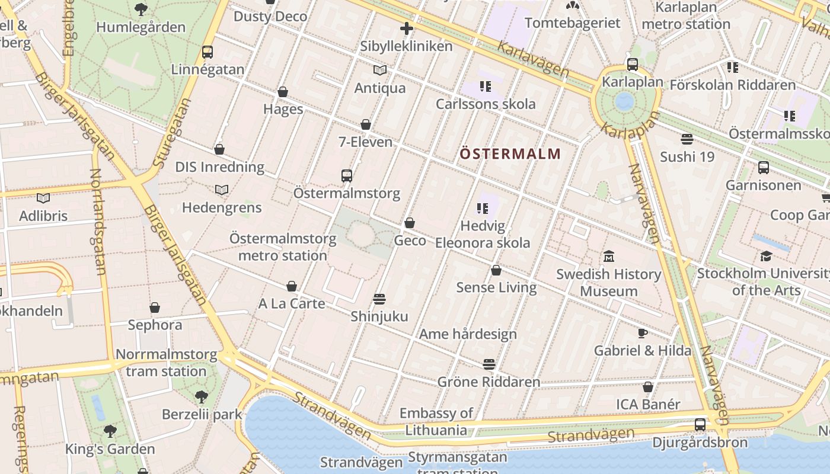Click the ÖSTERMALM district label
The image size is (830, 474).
(510, 154)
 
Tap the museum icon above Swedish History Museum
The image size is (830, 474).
(609, 257)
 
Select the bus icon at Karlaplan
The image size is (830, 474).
(633, 65)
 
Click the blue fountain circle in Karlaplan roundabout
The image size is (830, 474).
(624, 101)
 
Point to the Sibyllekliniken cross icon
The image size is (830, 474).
(406, 28)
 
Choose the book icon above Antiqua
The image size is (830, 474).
(380, 71)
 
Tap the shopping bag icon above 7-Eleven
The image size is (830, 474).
(366, 124)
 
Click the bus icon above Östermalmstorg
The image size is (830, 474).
(347, 175)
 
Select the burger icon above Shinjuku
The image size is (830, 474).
(379, 299)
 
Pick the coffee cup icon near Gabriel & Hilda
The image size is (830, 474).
(642, 332)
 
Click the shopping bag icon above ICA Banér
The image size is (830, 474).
(648, 387)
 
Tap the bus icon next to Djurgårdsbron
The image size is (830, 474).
(700, 425)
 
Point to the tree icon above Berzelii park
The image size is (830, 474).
(202, 396)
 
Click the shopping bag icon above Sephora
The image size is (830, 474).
(155, 308)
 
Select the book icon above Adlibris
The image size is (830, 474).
(43, 198)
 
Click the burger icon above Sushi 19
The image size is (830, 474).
(687, 139)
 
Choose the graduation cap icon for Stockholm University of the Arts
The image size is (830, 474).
(767, 256)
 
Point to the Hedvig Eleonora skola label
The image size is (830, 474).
(483, 235)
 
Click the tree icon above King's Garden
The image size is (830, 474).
(110, 431)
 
